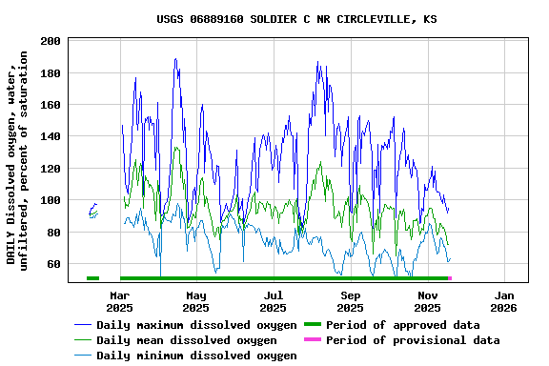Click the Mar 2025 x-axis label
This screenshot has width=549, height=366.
pos(119,301)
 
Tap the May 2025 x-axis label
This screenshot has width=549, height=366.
pos(195,301)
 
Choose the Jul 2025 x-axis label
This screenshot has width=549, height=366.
pos(274,301)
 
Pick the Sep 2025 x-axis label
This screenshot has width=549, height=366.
pos(350,301)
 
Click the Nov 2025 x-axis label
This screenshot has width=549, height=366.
pos(427,301)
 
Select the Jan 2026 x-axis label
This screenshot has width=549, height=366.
pos(504,301)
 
